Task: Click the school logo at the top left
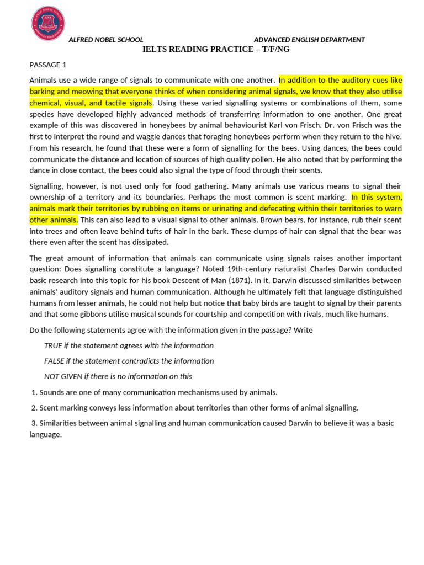(x=48, y=24)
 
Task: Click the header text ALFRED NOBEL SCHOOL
(x=105, y=40)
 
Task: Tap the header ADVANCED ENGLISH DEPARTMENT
(x=309, y=40)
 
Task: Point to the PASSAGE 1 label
(x=47, y=65)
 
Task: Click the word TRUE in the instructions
(x=54, y=345)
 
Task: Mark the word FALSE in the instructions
(x=55, y=361)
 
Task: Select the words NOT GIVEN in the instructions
(x=63, y=376)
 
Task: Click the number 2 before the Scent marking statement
(x=34, y=408)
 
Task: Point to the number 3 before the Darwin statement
(x=34, y=423)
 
